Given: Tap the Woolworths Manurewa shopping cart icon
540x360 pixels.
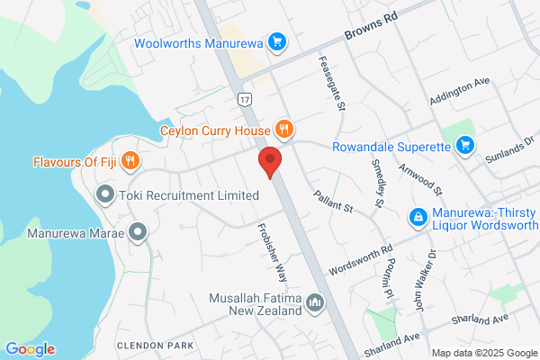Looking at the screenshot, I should tap(277, 41).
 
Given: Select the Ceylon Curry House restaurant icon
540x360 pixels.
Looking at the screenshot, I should tap(283, 129).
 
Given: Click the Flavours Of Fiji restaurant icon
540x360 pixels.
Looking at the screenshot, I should tap(131, 162).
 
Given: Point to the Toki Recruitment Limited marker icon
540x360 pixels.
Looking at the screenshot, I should tap(105, 193).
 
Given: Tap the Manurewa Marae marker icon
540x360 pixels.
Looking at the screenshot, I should tap(138, 233).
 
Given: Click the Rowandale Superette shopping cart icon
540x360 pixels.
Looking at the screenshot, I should tap(464, 145).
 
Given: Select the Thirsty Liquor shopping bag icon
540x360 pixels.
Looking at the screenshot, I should tap(418, 217).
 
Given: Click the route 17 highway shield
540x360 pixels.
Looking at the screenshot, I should tap(245, 98).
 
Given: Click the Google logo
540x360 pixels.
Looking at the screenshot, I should tap(30, 349).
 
